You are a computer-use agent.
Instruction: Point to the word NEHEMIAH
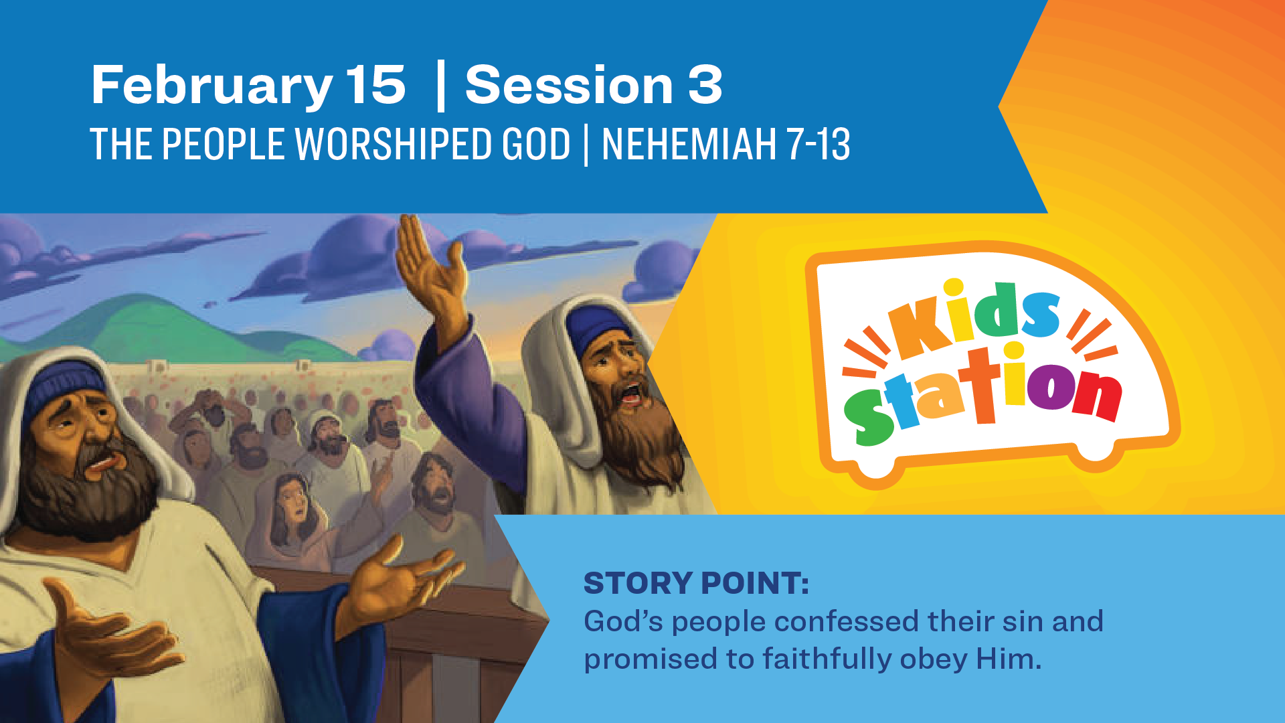pos(689,144)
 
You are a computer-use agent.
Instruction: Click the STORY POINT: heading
pos(696,583)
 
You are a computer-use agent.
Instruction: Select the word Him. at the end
pos(1009,659)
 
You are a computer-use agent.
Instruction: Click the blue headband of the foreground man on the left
pos(64,388)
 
